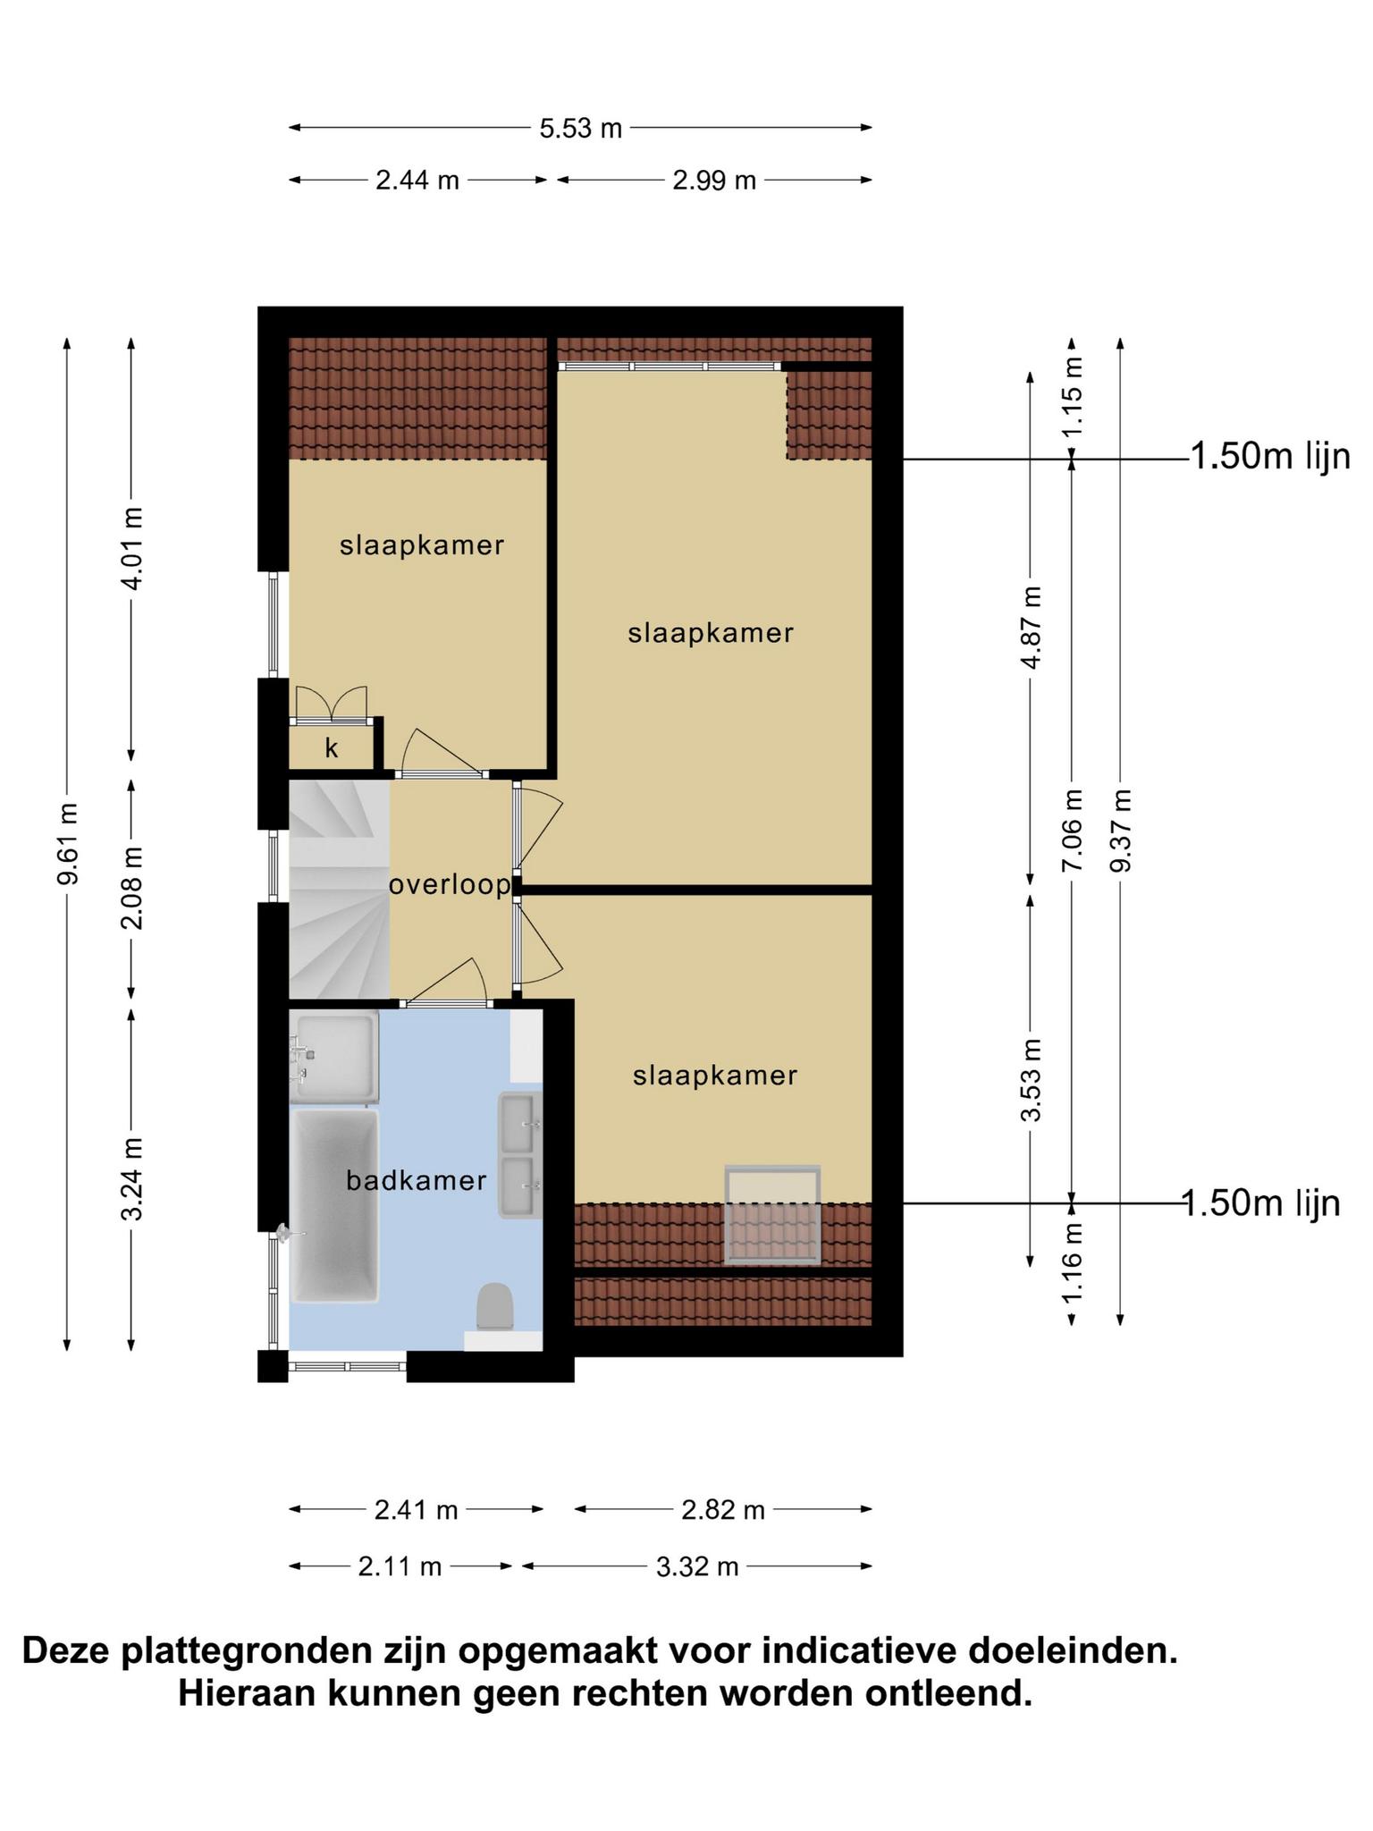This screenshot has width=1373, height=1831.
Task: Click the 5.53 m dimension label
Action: tap(580, 129)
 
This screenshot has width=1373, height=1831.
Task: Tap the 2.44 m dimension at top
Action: tap(417, 181)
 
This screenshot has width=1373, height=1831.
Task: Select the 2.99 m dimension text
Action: tap(714, 181)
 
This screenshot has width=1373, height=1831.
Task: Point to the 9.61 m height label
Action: tap(68, 843)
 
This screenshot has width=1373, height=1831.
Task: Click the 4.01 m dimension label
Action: tap(132, 548)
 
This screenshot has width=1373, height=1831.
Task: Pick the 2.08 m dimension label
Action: tap(132, 888)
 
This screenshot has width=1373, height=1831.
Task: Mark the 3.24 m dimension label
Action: tap(132, 1179)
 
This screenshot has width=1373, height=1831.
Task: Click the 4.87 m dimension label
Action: tap(1032, 628)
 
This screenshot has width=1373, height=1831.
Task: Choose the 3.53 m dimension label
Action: tap(1032, 1080)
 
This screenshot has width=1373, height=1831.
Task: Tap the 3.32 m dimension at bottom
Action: tap(697, 1566)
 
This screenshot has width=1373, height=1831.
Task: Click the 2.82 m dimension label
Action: tap(723, 1510)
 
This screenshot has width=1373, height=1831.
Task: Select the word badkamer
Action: tap(417, 1181)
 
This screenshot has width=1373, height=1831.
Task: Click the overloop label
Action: tap(450, 885)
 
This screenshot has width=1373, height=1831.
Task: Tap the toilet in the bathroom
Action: tap(494, 1308)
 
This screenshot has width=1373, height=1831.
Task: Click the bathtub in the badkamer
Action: tap(334, 1205)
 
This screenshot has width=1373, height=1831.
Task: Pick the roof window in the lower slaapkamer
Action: tap(772, 1214)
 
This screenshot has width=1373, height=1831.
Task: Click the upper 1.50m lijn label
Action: tap(1270, 457)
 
